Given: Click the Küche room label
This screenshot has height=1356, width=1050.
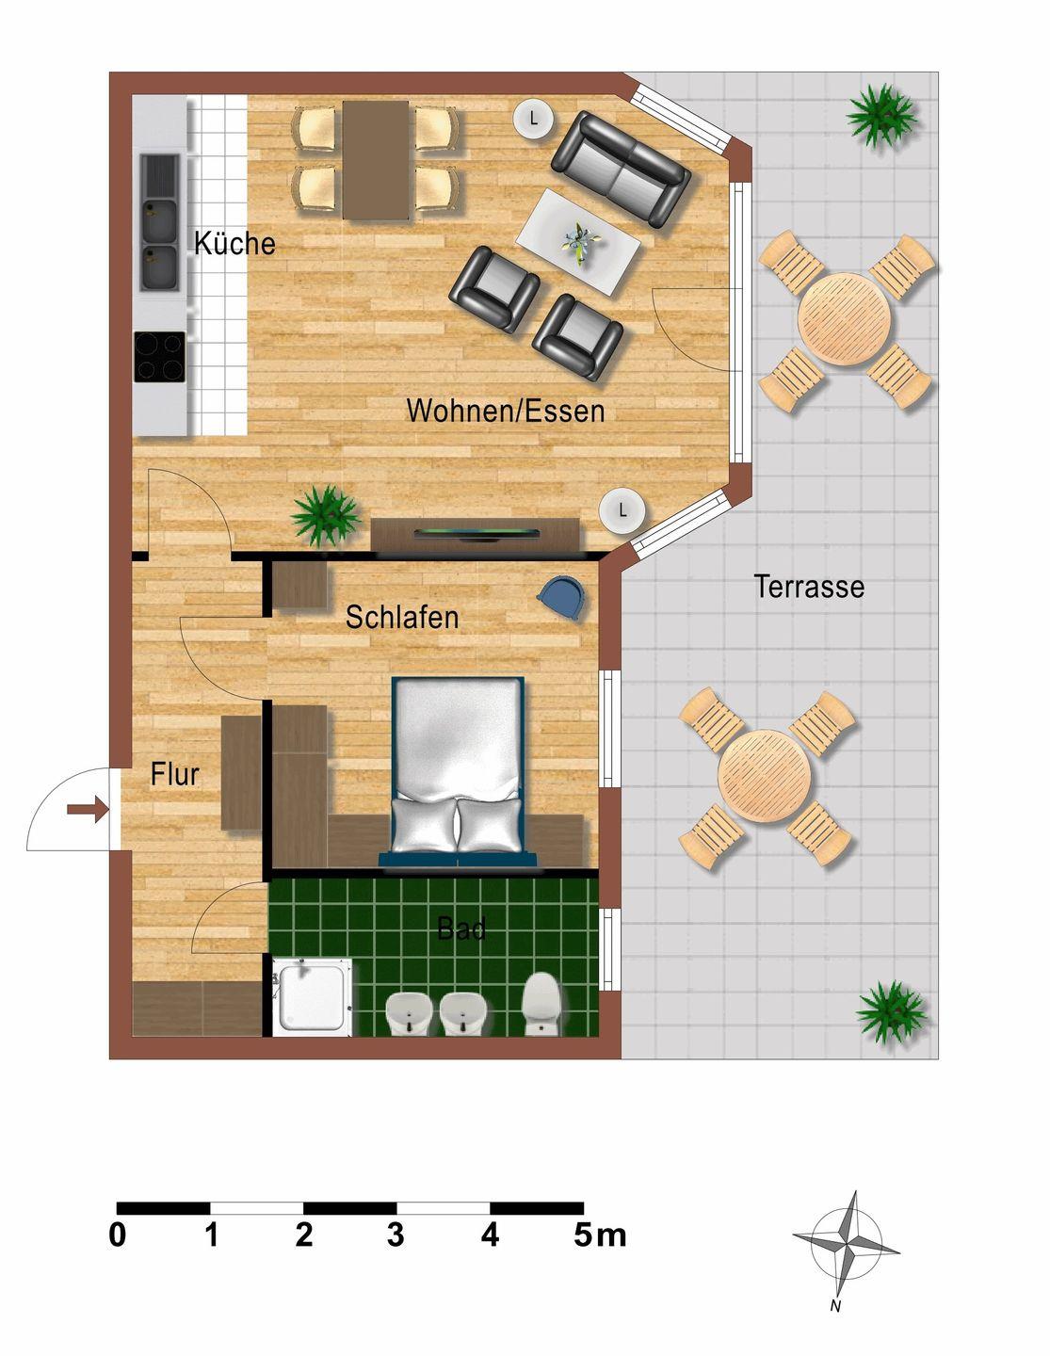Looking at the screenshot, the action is [x=234, y=243].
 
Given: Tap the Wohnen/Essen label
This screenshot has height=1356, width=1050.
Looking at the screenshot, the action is [x=506, y=411].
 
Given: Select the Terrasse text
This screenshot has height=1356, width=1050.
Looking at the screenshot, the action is [x=809, y=587].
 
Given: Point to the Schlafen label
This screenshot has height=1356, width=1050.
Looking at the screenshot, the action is [x=402, y=617].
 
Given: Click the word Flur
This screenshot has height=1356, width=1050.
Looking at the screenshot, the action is [x=175, y=775].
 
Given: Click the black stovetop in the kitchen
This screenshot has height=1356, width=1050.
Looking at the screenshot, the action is [x=160, y=356].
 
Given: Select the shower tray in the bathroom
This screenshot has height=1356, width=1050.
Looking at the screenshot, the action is [x=312, y=997].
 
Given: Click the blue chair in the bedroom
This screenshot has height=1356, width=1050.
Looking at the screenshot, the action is [x=561, y=597].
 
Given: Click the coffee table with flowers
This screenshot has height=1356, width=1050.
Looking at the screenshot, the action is [x=578, y=242].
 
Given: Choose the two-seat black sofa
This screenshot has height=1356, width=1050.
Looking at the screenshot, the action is [x=621, y=169].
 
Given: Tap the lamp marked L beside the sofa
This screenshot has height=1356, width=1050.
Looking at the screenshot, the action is [x=533, y=118].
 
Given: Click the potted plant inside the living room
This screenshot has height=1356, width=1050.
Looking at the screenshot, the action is [x=325, y=516].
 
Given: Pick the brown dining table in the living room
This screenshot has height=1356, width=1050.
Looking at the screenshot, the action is [x=375, y=160].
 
